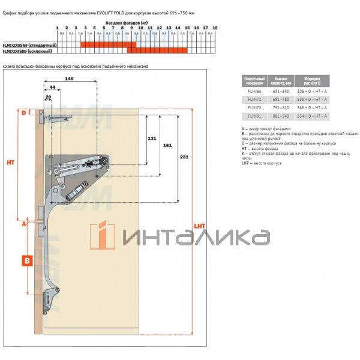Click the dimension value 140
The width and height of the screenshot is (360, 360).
70,79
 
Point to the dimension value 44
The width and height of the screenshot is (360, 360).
53,88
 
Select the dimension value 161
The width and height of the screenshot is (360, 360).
167,145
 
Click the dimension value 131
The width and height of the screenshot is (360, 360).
152,138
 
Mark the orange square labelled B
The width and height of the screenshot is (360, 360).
26,261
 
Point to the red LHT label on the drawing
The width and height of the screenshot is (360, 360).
199,226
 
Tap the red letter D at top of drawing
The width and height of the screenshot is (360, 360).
25,112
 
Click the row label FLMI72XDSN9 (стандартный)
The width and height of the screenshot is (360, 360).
29,46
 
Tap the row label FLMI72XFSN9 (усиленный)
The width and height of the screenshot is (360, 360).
28,51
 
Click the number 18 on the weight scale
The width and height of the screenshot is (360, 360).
215,28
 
